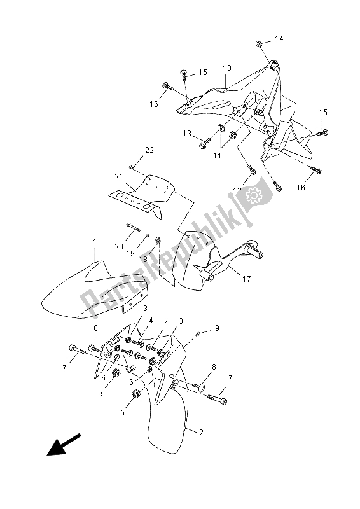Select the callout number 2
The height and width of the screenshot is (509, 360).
pos(201,433)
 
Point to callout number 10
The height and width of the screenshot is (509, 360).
pos(226,67)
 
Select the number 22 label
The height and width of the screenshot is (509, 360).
pos(131,151)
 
